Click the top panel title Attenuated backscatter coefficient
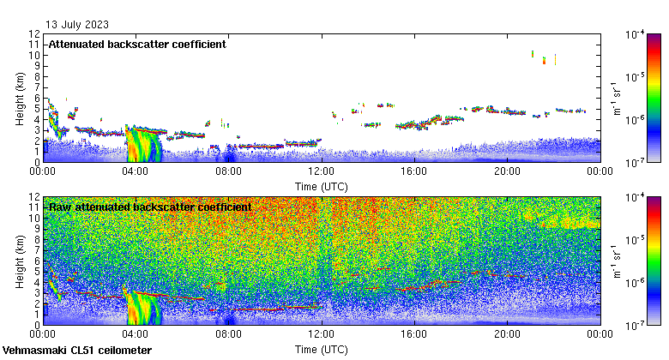pyautogui.click(x=137, y=44)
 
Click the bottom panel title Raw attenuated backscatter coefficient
pyautogui.click(x=150, y=207)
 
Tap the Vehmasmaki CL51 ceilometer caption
pyautogui.click(x=77, y=351)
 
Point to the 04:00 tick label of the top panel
pyautogui.click(x=136, y=171)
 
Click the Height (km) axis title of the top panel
pyautogui.click(x=19, y=98)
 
